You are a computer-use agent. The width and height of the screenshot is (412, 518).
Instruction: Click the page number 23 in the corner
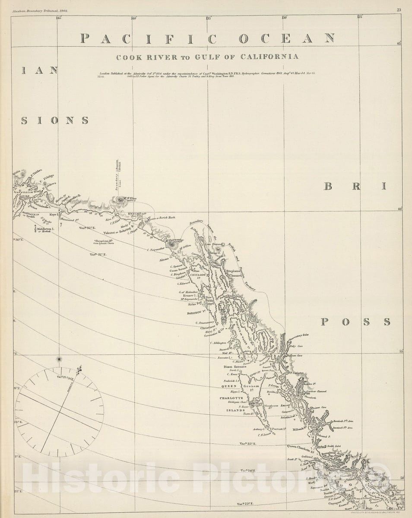click(399, 9)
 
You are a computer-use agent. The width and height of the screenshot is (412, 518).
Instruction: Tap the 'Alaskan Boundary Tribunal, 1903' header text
click(41, 9)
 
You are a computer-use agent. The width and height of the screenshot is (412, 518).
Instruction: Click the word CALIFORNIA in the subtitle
click(272, 57)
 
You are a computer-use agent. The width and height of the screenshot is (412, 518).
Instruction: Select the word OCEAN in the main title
click(287, 38)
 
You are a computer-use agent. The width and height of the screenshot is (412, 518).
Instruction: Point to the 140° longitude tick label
click(133, 18)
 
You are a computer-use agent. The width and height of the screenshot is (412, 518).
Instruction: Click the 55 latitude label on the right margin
click(401, 352)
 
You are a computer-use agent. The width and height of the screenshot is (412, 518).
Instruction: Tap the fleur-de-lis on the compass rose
click(79, 370)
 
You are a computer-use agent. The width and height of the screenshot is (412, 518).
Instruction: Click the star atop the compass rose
click(59, 358)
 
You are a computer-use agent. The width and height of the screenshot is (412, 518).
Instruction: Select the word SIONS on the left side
click(55, 120)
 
